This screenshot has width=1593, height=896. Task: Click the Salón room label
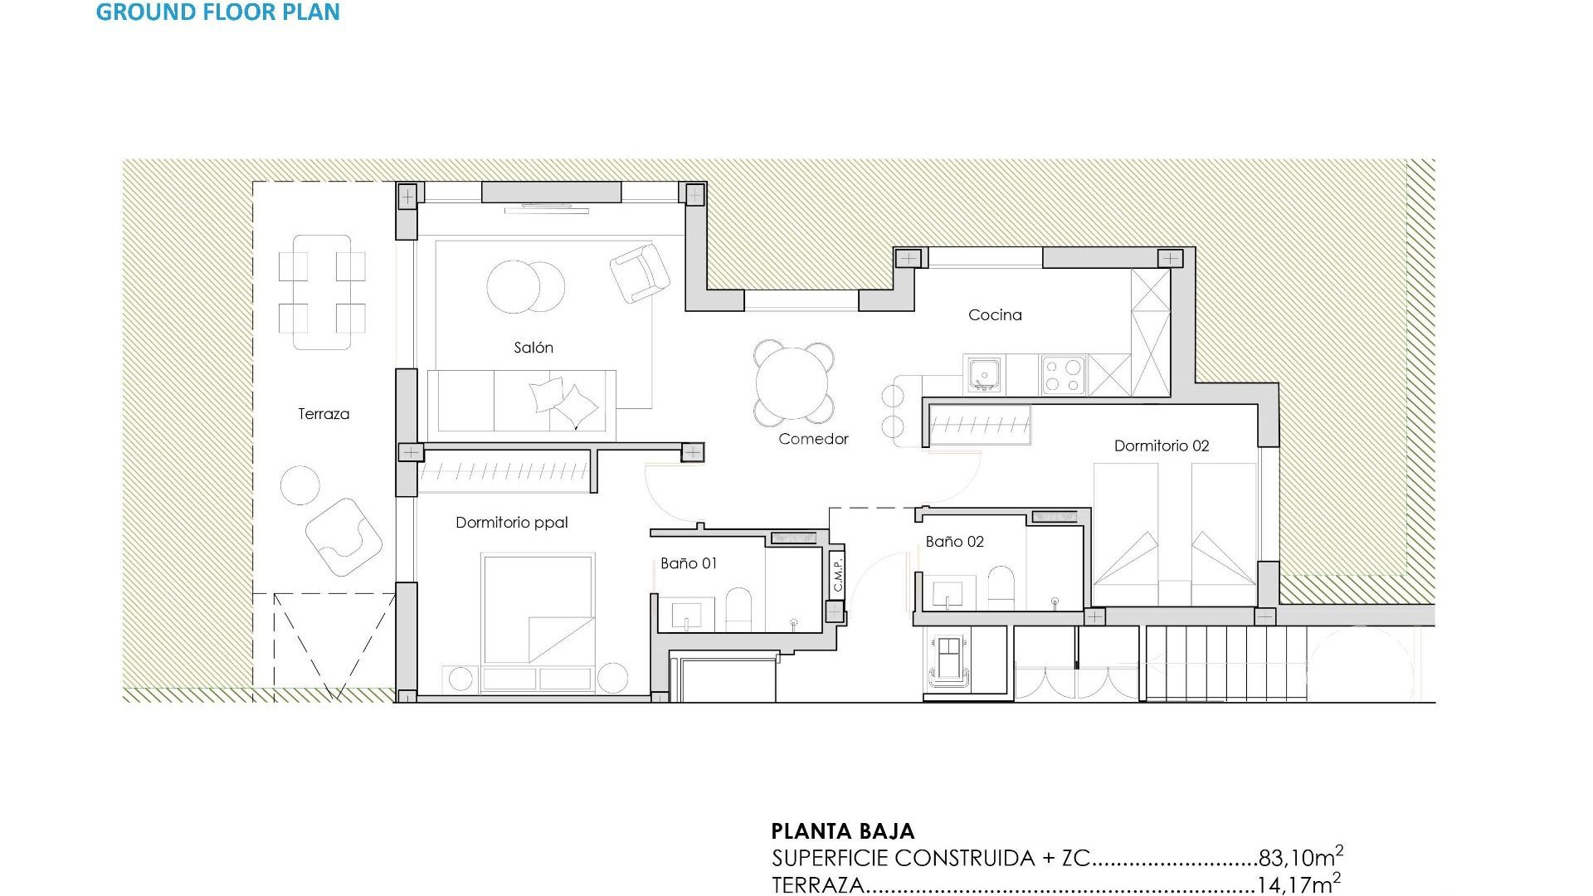[533, 348]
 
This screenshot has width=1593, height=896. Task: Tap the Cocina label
[995, 315]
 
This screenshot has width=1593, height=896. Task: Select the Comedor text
[813, 439]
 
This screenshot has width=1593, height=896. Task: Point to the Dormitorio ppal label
[512, 523]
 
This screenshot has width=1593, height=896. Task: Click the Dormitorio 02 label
[1162, 446]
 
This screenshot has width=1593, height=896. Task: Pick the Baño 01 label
[689, 563]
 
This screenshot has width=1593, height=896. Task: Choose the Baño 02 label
[954, 542]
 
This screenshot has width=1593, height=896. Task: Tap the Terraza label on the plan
[324, 414]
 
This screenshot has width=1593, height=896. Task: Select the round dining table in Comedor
[792, 383]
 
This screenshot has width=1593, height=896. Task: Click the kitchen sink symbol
[984, 375]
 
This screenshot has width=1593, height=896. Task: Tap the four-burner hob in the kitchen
[1064, 374]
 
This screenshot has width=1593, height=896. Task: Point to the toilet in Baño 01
[738, 611]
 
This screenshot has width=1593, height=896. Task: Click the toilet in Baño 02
[1001, 588]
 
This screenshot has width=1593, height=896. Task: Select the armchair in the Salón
[639, 272]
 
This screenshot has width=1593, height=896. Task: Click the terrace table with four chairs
[322, 292]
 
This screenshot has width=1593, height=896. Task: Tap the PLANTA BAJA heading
[842, 831]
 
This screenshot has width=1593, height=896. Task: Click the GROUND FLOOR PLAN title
[217, 12]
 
